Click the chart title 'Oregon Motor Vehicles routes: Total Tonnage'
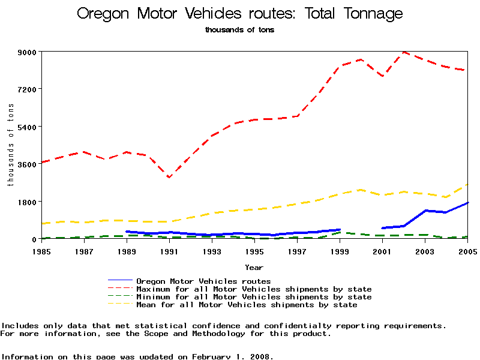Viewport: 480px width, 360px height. [240, 14]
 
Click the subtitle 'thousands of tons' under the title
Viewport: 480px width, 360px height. [239, 30]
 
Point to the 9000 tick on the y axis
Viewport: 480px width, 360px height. [27, 52]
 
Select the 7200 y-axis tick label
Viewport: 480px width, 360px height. [27, 89]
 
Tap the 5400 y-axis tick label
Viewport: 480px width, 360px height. [27, 127]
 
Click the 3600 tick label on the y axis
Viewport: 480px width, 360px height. [27, 164]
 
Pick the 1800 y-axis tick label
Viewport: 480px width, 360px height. [27, 202]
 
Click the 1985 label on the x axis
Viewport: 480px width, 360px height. [41, 251]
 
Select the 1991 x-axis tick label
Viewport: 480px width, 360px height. [169, 251]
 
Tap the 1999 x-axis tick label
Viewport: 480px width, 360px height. [340, 251]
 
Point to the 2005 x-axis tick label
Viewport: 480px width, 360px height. [467, 251]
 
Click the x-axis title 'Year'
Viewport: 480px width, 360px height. [254, 267]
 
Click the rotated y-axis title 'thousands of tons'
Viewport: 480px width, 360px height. [10, 145]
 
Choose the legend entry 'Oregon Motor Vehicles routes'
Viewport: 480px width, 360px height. [203, 281]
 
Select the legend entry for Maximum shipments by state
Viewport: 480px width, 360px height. [254, 289]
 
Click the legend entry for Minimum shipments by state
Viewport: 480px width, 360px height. [254, 297]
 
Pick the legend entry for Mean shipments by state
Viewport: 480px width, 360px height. [247, 305]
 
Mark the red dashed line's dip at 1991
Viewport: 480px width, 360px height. [169, 178]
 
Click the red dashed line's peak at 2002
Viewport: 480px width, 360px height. [404, 52]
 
